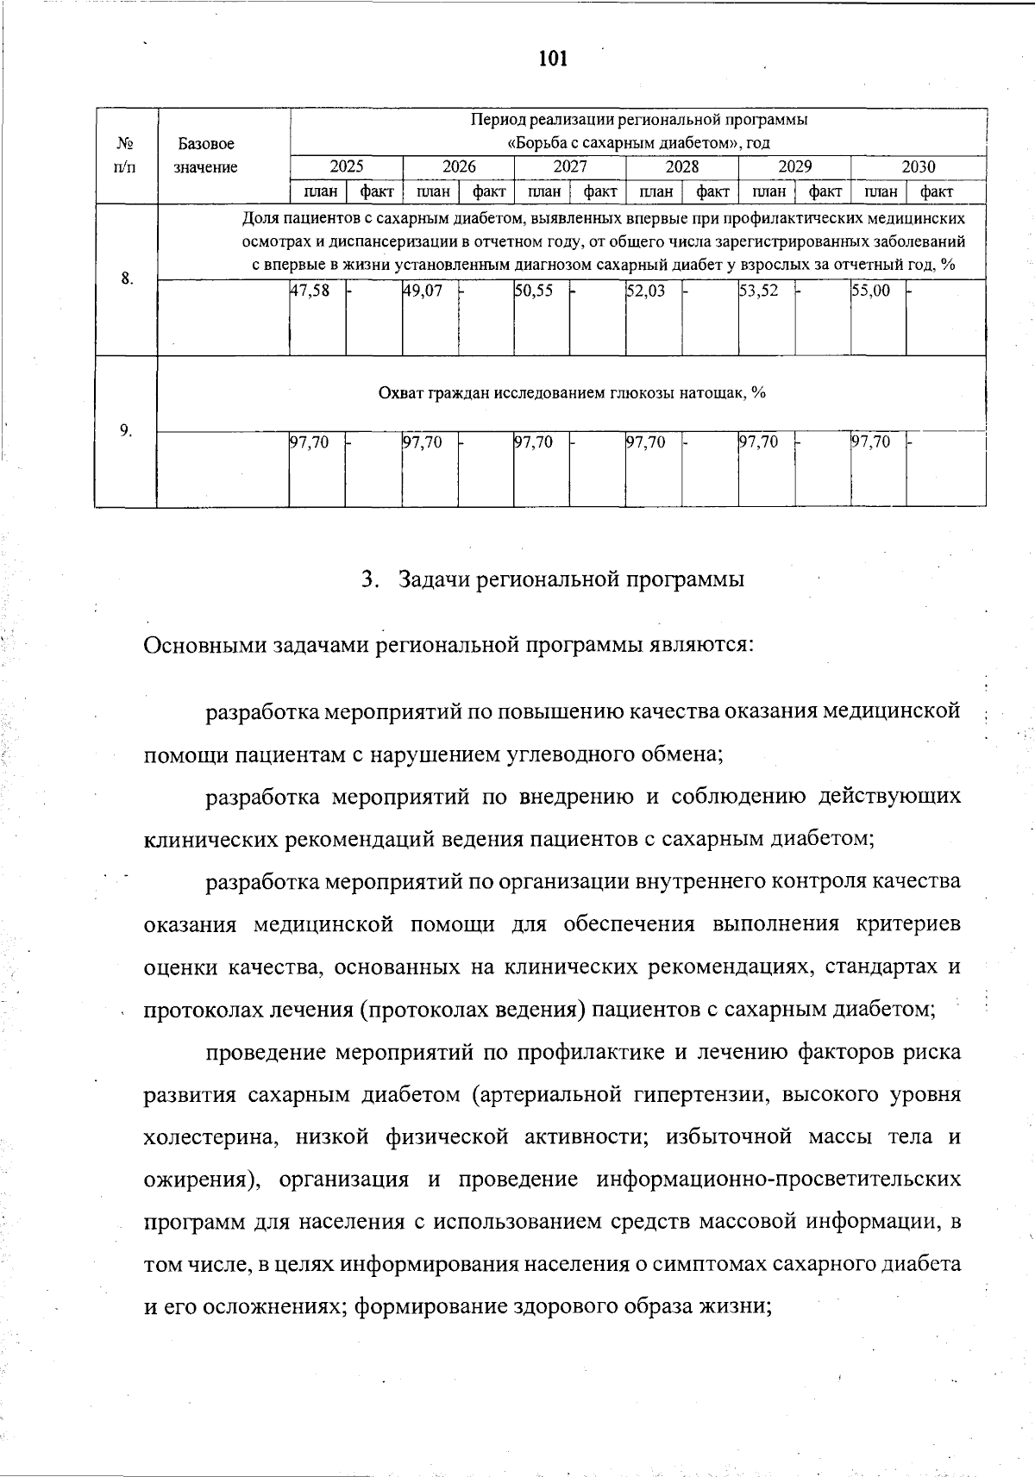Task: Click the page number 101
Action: [x=552, y=59]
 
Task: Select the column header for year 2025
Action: [x=347, y=167]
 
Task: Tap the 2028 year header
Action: [x=682, y=167]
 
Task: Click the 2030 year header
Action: [x=919, y=167]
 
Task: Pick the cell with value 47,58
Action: [x=310, y=291]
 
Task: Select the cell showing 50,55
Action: [x=534, y=291]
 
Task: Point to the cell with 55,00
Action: [x=871, y=291]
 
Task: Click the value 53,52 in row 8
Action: [x=759, y=291]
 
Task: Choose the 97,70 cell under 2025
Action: [x=310, y=442]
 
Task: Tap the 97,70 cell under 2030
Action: [x=871, y=442]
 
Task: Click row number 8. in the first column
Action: [x=127, y=279]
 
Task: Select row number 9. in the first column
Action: [x=127, y=430]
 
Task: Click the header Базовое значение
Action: [x=206, y=155]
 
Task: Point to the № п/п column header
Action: [x=126, y=155]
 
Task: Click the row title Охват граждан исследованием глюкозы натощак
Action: [x=572, y=393]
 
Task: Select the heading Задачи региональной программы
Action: [x=570, y=579]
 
